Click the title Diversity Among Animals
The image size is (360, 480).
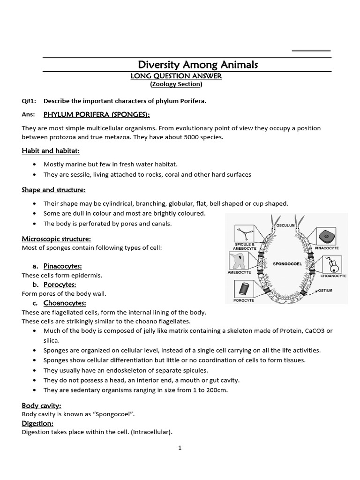click(197, 64)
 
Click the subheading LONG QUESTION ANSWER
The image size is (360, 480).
click(175, 75)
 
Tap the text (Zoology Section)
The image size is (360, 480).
click(176, 84)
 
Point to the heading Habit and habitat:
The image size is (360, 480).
click(51, 150)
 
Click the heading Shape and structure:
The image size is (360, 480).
click(53, 190)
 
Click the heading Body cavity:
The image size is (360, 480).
click(42, 405)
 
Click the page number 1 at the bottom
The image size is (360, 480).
click(180, 448)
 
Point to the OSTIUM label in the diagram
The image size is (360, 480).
click(325, 291)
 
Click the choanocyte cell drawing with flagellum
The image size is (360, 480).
click(332, 265)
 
